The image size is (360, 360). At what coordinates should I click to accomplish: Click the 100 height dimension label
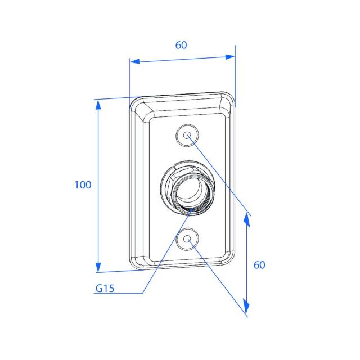(x=83, y=184)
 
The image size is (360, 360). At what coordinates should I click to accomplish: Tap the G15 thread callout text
(x=105, y=288)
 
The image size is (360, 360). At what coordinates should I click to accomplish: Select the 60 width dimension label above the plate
(x=181, y=45)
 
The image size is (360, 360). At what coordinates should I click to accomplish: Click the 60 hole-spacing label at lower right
(x=259, y=265)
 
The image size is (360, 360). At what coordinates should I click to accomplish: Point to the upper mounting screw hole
(x=187, y=135)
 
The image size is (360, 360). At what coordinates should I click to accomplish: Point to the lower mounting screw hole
(x=187, y=239)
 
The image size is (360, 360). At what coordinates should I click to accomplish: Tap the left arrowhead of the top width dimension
(x=134, y=61)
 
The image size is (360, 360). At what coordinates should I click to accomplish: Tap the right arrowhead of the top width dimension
(x=230, y=57)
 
